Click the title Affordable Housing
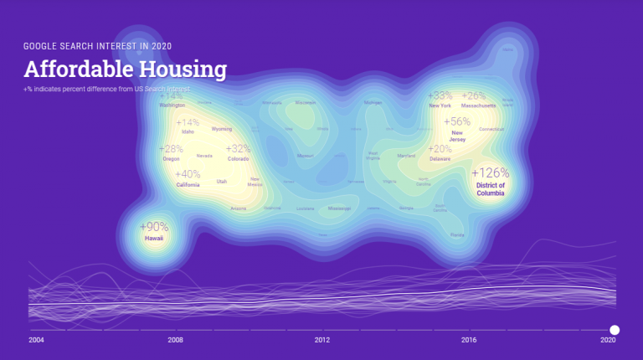pos(125,69)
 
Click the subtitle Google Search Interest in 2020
pos(98,45)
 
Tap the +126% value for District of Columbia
pos(490,172)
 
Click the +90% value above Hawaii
pos(154,227)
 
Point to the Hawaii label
pos(154,239)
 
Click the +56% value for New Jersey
pos(457,121)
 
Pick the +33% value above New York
pos(440,95)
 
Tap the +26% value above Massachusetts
pos(473,95)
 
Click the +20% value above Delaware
pos(440,148)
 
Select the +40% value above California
pos(188,174)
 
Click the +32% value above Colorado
pos(238,148)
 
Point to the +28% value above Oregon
pos(172,148)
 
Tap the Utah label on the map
pos(222,181)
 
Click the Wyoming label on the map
pos(222,129)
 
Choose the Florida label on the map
pos(457,234)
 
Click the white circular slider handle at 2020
pos(615,330)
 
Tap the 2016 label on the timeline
pos(469,341)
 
